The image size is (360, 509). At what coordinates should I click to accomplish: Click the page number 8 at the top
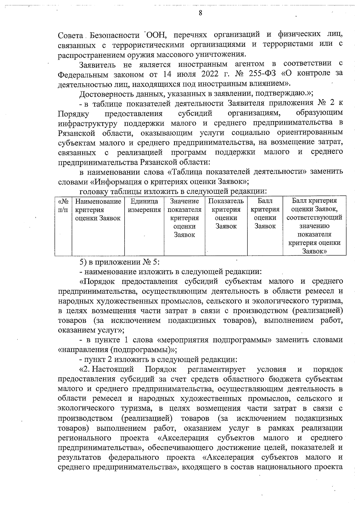pyautogui.click(x=200, y=13)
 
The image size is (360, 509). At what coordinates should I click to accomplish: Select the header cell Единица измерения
pyautogui.click(x=144, y=205)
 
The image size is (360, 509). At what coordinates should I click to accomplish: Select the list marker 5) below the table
pyautogui.click(x=83, y=261)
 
